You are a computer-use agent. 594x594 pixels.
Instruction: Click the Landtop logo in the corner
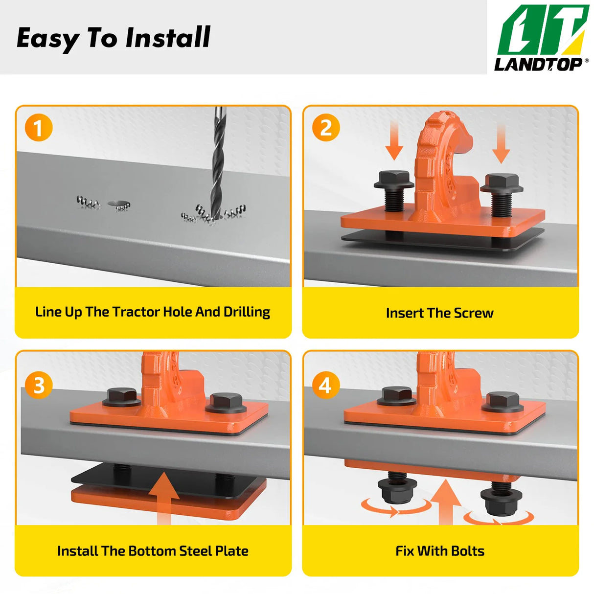[x=541, y=38]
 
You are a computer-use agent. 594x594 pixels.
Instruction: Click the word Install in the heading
[x=168, y=37]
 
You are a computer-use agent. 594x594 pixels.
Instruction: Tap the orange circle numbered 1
[x=39, y=128]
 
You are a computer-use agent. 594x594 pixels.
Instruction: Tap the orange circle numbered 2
[x=326, y=128]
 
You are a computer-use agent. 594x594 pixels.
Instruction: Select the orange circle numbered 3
[x=39, y=385]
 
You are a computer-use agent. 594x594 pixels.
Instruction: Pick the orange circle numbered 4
[x=326, y=385]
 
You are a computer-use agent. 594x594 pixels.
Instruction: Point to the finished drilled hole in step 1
[x=119, y=204]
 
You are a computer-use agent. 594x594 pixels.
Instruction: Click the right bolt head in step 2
[x=502, y=183]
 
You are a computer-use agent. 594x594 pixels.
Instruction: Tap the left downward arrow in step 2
[x=394, y=140]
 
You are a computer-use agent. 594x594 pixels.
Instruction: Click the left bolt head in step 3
[x=122, y=397]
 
